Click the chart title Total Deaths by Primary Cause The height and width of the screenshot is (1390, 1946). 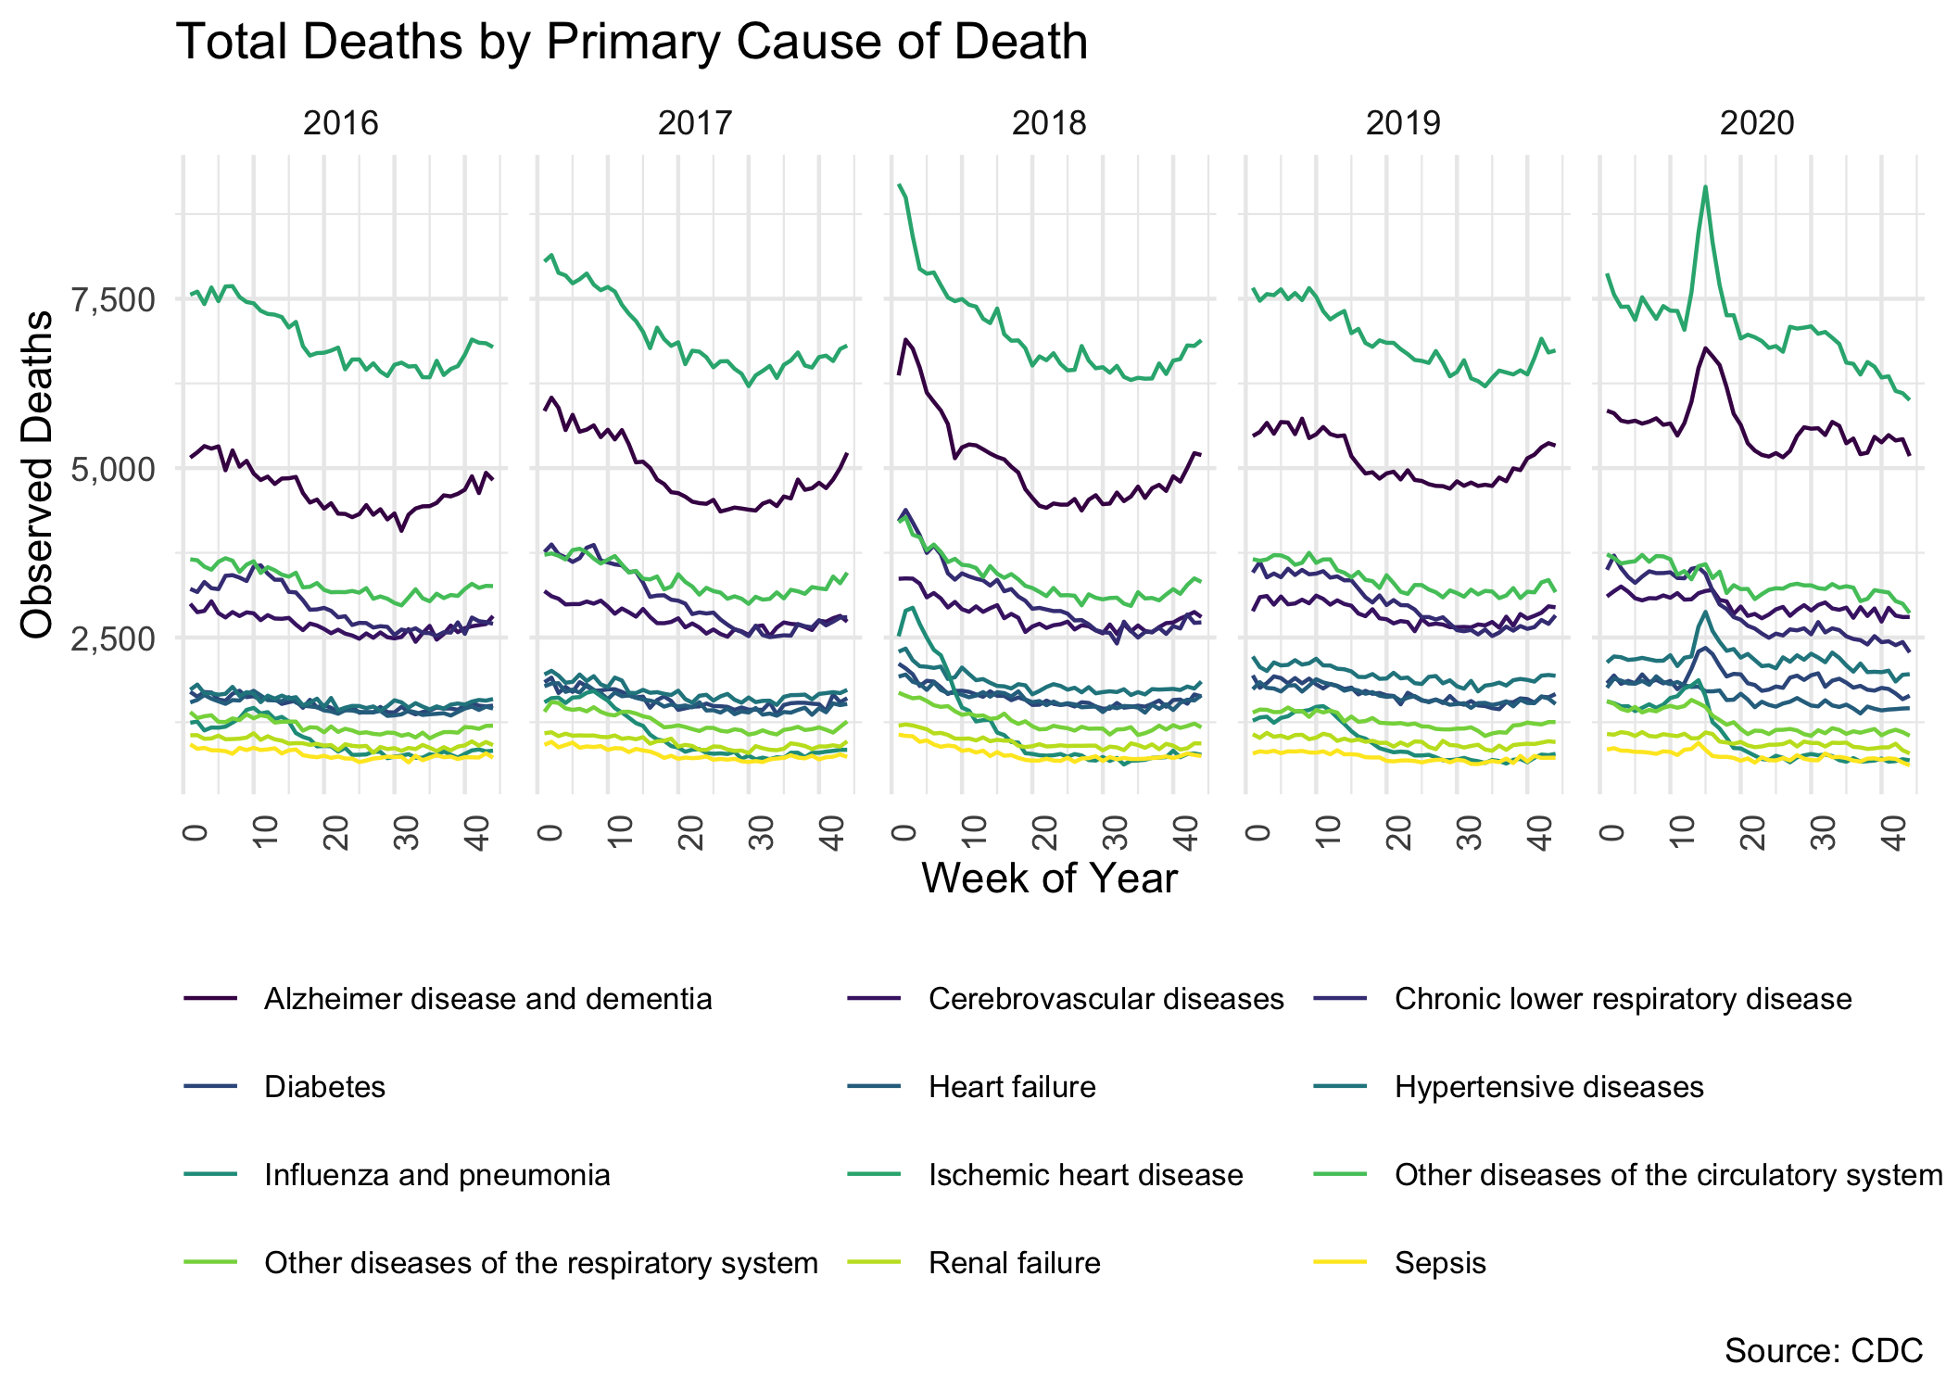point(631,43)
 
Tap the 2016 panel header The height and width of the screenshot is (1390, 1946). point(341,123)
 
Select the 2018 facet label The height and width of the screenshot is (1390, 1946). point(1049,123)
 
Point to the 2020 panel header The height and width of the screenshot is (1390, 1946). point(1757,123)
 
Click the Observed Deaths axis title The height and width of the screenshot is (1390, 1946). point(37,474)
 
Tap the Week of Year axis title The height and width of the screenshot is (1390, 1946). point(1049,878)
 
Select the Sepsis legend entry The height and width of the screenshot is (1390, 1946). point(1439,1263)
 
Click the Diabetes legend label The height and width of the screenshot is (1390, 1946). point(324,1087)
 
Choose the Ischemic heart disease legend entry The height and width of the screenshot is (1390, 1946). point(1085,1175)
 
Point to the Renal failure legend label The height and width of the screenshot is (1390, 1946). point(1014,1263)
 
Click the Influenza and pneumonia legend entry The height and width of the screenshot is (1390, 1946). point(436,1175)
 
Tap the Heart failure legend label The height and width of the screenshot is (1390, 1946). point(1012,1087)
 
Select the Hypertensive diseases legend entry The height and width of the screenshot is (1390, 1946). point(1548,1087)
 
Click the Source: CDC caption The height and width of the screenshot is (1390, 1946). point(1823,1351)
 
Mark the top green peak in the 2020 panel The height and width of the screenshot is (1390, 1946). point(1705,187)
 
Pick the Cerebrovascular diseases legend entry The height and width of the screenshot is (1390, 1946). point(1106,999)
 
